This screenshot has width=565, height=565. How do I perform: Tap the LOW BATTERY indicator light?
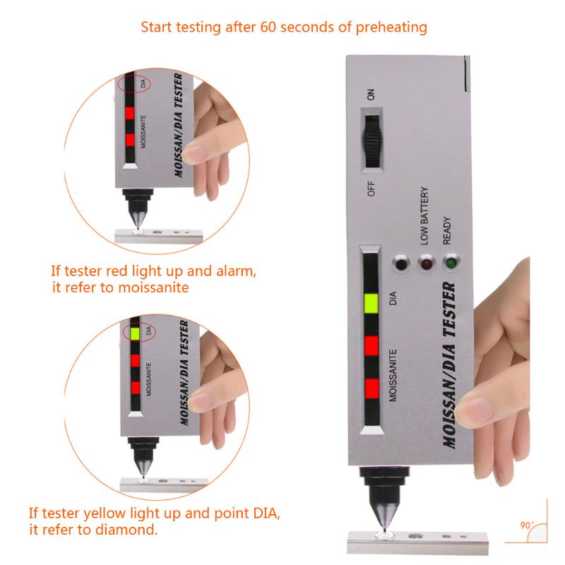pos(426,263)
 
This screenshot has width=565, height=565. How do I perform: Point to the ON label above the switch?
pos(371,95)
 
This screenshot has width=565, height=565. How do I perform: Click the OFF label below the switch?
pos(371,189)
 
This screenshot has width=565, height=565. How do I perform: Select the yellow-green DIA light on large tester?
pos(371,303)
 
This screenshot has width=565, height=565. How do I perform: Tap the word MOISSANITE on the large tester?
pos(393,375)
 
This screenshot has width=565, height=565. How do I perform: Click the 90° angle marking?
pos(527,525)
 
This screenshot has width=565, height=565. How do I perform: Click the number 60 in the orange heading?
pos(268,27)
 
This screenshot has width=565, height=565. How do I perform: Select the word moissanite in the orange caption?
pos(153,287)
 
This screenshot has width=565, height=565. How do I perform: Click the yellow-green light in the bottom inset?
pos(135,333)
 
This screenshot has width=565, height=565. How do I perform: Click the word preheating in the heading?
pos(391,28)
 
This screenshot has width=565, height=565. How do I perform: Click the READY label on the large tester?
pos(447,231)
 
